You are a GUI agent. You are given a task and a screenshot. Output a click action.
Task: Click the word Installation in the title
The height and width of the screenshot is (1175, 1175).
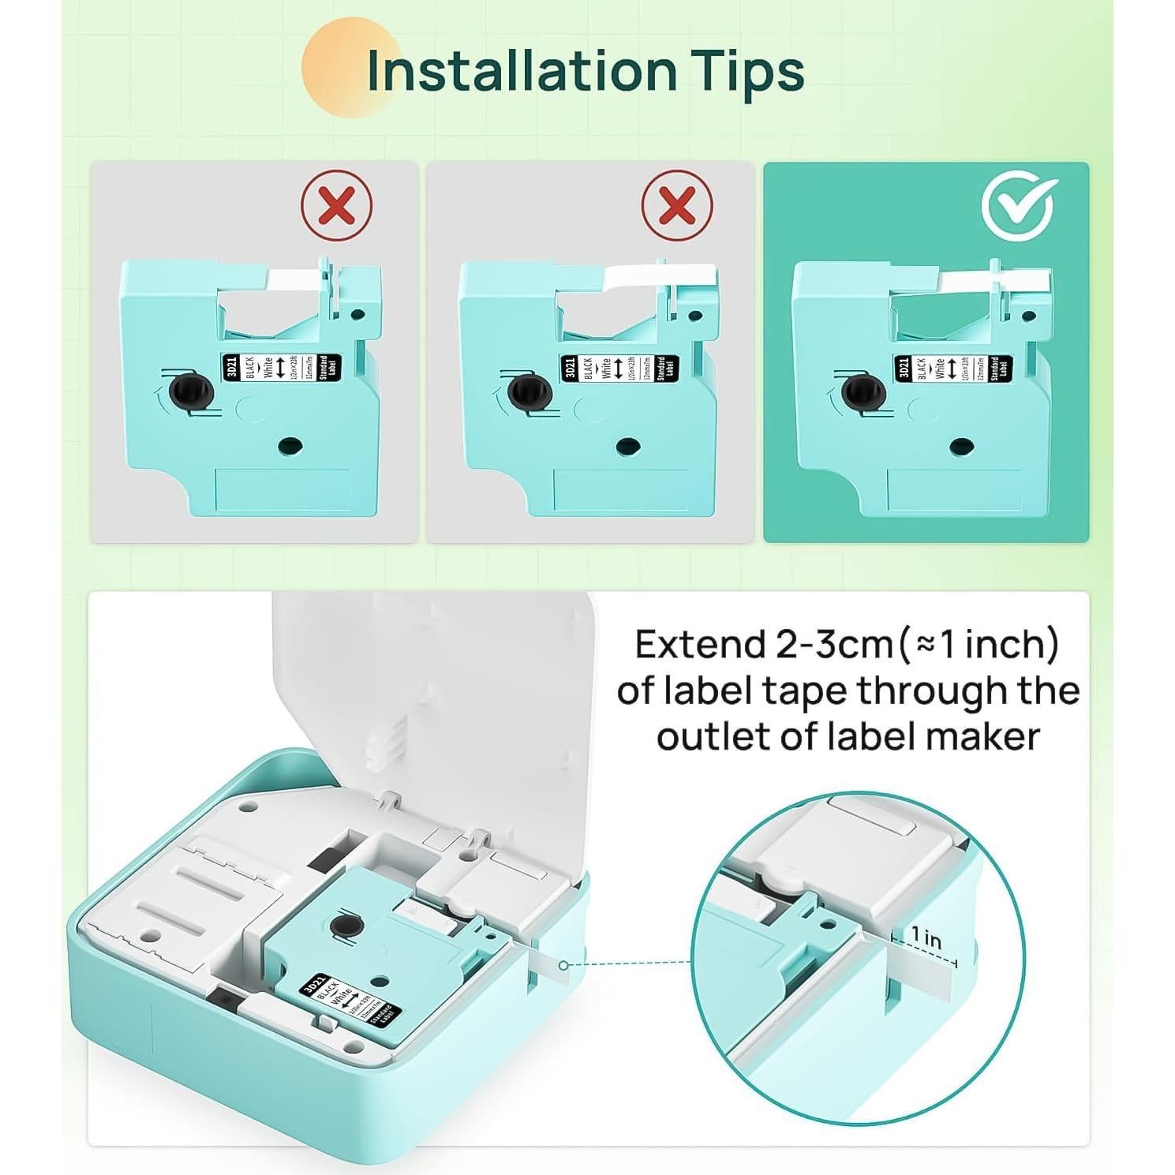[522, 70]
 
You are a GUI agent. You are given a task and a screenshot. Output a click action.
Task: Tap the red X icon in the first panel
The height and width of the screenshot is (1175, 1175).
[337, 206]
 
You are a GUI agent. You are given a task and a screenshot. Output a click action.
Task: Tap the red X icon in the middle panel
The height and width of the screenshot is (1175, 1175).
[676, 206]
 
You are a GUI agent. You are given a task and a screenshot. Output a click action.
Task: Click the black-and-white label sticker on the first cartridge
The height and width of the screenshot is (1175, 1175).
[280, 368]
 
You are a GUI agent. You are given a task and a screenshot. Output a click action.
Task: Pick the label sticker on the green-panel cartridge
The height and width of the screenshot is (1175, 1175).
[952, 368]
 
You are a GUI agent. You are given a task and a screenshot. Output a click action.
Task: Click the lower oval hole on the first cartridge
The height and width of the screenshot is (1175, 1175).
[290, 447]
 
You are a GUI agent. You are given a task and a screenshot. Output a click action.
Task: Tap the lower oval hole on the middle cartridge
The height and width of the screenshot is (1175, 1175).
[627, 447]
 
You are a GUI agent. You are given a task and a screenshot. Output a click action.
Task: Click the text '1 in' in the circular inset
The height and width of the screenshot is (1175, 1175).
[926, 937]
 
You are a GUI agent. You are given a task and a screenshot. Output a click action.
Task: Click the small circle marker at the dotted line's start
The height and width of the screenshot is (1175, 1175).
[563, 965]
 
